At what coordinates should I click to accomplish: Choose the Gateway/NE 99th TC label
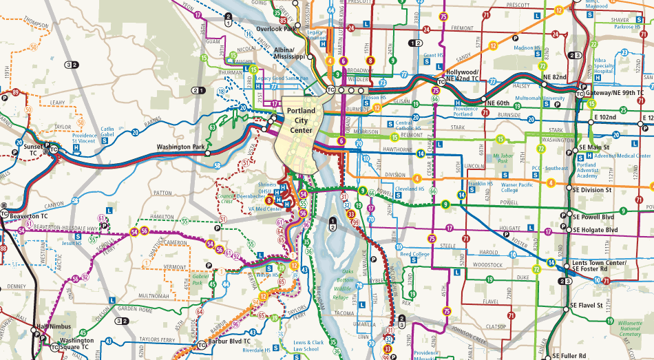pos(614,93)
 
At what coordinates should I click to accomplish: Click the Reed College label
pos(414,255)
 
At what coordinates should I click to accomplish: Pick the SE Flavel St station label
pos(587,305)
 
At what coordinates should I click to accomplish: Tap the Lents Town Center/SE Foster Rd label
pos(600,266)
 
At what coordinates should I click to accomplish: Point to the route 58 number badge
pos(217,166)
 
